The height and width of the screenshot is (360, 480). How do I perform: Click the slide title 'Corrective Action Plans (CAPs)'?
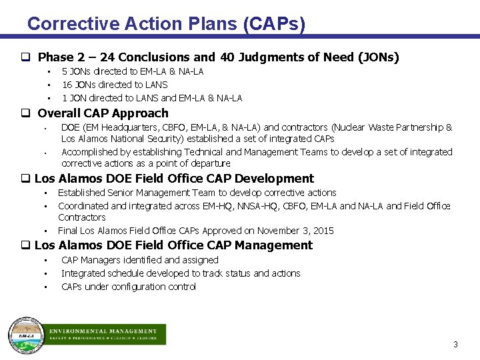tap(166, 24)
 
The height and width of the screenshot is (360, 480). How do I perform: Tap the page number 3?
tap(455, 345)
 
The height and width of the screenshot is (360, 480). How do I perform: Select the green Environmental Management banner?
tap(104, 334)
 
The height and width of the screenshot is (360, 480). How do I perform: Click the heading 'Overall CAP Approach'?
tap(103, 113)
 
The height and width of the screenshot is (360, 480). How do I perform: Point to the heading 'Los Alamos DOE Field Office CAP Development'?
tap(174, 179)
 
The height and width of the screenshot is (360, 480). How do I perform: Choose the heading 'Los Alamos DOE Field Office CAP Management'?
tap(173, 245)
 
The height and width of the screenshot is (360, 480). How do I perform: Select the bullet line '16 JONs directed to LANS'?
tap(115, 85)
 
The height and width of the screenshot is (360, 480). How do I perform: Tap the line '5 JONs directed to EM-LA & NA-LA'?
tap(133, 71)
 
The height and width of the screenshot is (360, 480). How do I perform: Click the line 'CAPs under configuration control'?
tap(129, 287)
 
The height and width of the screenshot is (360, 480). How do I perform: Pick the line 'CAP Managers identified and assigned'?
tap(140, 260)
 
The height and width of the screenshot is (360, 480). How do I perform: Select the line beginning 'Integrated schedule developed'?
tap(181, 273)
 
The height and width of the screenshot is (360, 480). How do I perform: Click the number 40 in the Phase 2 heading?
tap(227, 57)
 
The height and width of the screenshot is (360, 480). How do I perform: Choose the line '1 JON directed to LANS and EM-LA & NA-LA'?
tap(152, 98)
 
